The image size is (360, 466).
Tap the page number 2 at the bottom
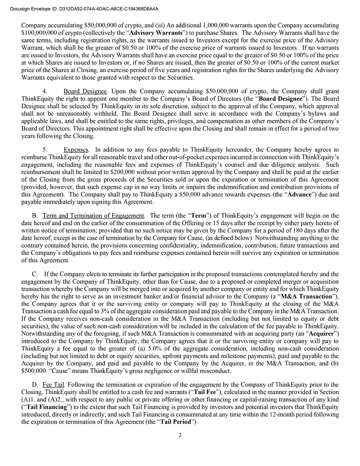(180, 435)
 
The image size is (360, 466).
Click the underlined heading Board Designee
(85, 91)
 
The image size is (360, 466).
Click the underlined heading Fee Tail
(53, 385)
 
